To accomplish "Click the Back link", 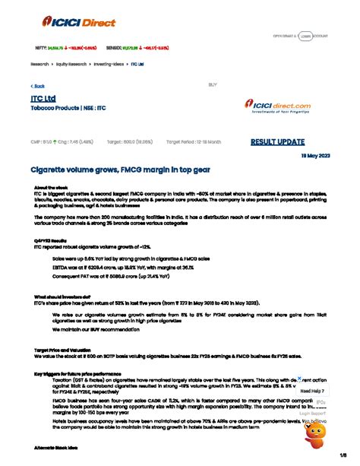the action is [37, 86].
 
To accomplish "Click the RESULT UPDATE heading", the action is [280, 141].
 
